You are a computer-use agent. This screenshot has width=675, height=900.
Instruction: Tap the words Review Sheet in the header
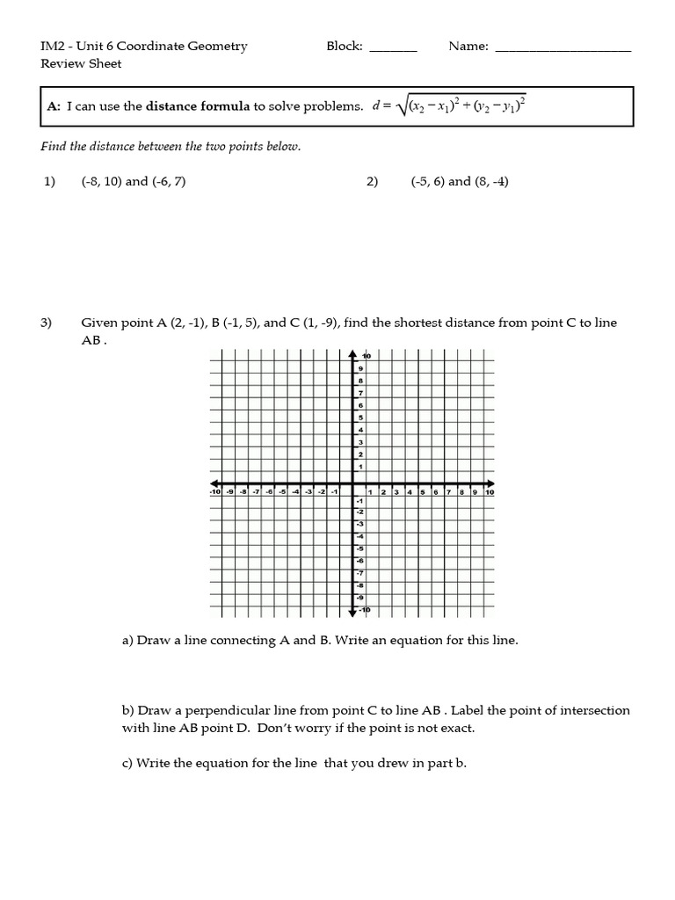(x=81, y=63)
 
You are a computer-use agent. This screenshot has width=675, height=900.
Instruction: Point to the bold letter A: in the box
(x=54, y=106)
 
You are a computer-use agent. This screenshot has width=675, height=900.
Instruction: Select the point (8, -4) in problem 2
(x=492, y=182)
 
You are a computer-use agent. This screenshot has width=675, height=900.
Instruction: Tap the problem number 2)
(x=372, y=182)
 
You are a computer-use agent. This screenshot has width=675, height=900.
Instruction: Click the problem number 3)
(x=47, y=323)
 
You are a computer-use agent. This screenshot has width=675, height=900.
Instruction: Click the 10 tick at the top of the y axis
(x=367, y=356)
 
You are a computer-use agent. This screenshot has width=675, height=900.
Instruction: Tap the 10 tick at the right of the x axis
(x=490, y=493)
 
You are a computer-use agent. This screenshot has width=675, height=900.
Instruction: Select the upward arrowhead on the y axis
(x=353, y=353)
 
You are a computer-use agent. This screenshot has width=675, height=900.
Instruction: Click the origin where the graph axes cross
(x=353, y=483)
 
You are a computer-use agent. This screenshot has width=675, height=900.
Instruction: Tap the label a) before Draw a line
(x=127, y=640)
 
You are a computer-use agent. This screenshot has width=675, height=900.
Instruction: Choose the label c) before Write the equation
(x=127, y=763)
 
